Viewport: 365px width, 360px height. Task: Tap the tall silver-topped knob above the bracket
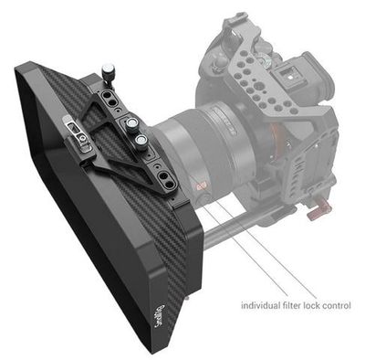pos(109,72)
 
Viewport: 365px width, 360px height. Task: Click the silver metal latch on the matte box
pos(78,133)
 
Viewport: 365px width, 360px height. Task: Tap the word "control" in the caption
pos(335,305)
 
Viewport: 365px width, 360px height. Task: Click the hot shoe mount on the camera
pos(288,74)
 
